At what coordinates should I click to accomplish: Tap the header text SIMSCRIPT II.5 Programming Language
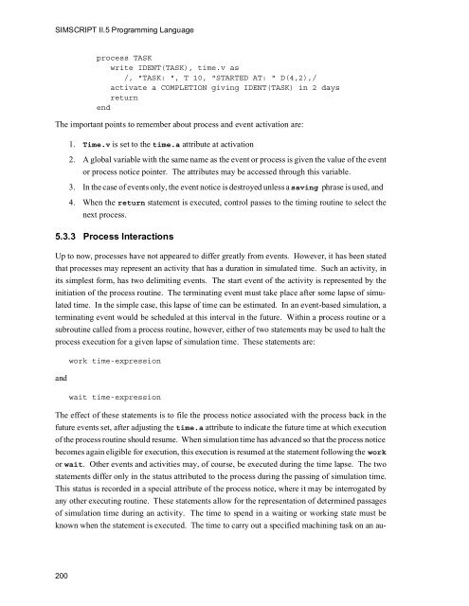point(119,34)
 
